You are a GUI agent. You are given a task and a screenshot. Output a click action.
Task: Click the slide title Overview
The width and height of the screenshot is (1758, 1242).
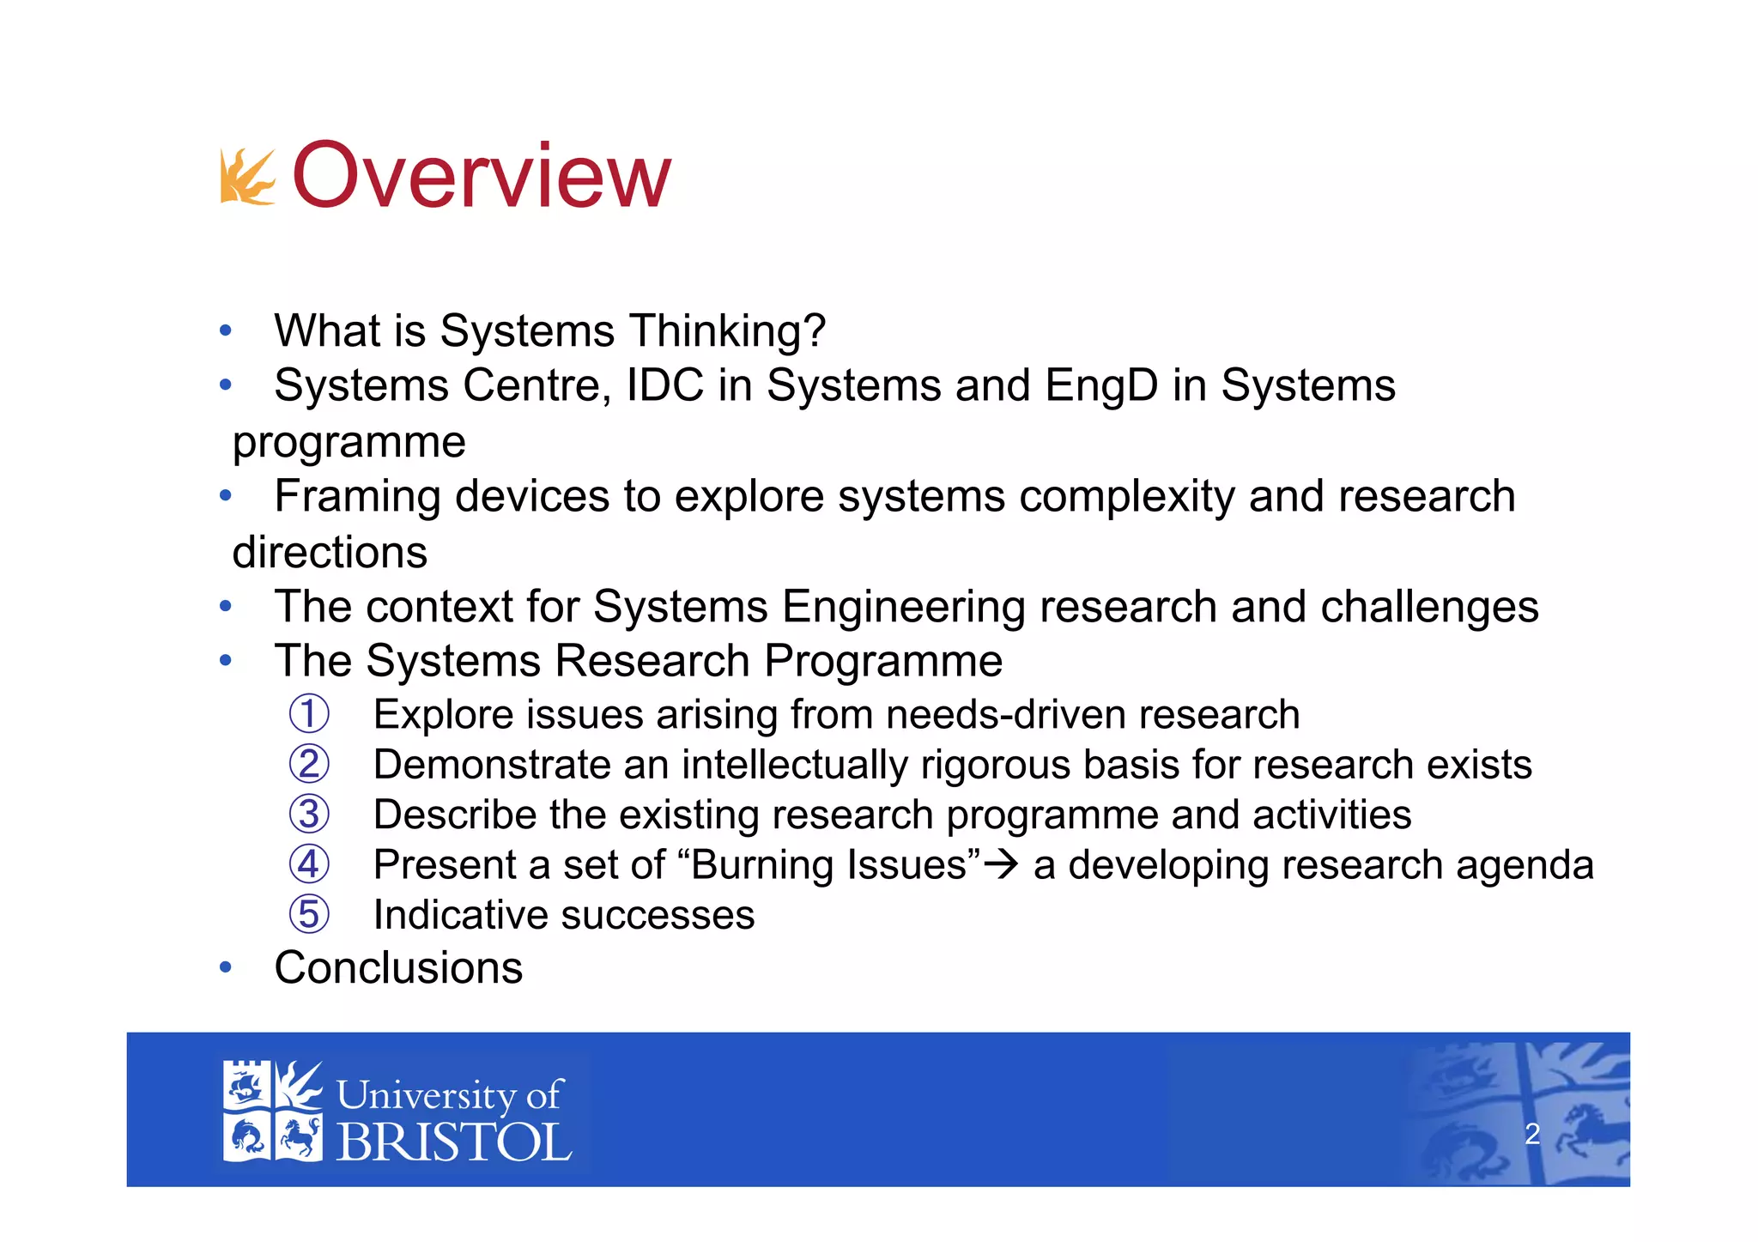click(x=481, y=176)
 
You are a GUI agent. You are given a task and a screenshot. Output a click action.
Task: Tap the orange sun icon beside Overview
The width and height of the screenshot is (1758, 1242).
click(x=247, y=178)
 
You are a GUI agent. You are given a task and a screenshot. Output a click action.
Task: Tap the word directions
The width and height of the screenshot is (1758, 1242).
click(x=330, y=553)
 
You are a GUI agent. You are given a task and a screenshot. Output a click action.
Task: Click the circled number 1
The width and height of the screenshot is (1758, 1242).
click(x=309, y=714)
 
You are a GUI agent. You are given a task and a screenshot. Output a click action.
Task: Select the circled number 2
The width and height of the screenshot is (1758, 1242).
click(x=309, y=764)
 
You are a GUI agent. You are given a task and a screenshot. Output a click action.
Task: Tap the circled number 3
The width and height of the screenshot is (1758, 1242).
click(x=309, y=815)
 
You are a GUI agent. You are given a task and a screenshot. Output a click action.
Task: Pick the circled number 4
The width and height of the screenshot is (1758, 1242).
click(x=309, y=864)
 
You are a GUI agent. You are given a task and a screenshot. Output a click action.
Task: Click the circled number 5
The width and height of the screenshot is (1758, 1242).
click(x=309, y=914)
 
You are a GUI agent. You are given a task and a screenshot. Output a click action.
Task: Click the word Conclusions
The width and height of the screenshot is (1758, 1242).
click(x=398, y=968)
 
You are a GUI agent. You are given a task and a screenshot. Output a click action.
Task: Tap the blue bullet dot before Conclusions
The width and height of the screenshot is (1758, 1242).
click(x=225, y=968)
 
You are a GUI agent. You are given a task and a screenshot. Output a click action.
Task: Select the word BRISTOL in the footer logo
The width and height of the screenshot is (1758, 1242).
click(x=453, y=1142)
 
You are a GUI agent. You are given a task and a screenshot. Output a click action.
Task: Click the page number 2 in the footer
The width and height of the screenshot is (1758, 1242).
click(x=1532, y=1134)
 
